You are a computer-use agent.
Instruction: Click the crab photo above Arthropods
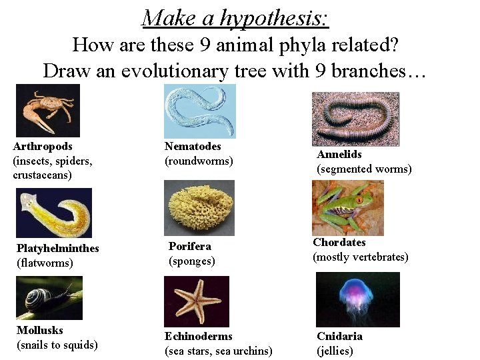[x=47, y=110]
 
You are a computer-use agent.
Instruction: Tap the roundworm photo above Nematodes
[x=199, y=111]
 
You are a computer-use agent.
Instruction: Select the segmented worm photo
[x=355, y=119]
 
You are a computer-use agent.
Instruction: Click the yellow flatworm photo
[x=54, y=213]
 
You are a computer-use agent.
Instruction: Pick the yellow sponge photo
[x=199, y=207]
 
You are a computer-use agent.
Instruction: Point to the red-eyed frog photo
[x=347, y=207]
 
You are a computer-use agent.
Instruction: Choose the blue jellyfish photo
[x=357, y=299]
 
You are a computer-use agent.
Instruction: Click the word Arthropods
[x=43, y=146]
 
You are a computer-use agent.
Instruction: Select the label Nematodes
[x=193, y=146]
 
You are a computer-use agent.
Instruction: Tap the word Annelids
[x=339, y=155]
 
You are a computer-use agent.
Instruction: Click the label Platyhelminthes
[x=57, y=249]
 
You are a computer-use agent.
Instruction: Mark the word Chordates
[x=339, y=243]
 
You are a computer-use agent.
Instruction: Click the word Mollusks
[x=39, y=330]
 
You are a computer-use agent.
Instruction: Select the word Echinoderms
[x=199, y=337]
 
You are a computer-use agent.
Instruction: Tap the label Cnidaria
[x=339, y=336]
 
